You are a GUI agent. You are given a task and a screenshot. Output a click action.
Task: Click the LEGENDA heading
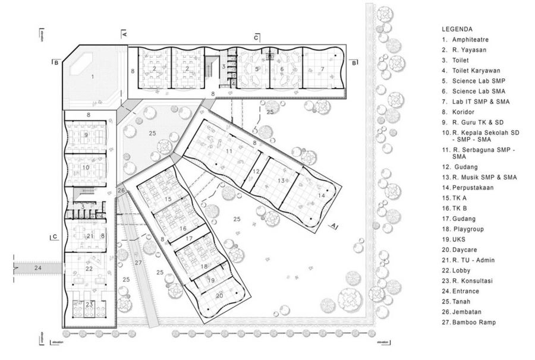[x=457, y=29]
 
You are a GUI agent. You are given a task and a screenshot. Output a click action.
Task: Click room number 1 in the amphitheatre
[x=92, y=77]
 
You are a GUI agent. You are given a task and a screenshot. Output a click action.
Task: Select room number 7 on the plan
[x=322, y=70]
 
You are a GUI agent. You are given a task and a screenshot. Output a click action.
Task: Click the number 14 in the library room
[x=321, y=195]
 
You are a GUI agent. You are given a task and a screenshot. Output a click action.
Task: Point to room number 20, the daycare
[x=219, y=295]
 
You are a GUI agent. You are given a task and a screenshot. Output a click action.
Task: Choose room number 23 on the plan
[x=89, y=304]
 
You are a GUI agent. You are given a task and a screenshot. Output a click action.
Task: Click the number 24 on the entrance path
[x=38, y=269]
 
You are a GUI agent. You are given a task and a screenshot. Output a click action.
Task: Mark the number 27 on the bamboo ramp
[x=138, y=263]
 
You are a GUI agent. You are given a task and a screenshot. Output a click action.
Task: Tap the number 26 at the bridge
[x=121, y=191]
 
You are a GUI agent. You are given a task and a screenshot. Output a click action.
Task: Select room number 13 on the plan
[x=281, y=181]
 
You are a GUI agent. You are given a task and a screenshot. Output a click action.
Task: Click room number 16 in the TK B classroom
[x=183, y=228]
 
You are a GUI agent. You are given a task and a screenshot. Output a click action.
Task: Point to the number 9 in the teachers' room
[x=86, y=135]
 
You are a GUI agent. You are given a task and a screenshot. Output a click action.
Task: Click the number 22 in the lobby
[x=89, y=269]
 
